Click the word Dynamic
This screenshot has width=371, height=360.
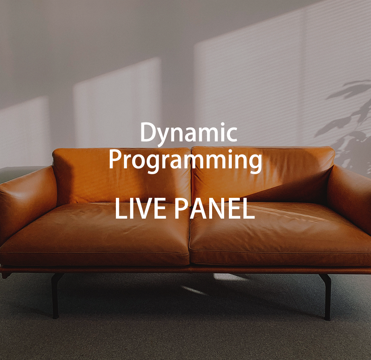[x=188, y=133]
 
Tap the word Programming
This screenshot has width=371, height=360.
[x=185, y=160]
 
